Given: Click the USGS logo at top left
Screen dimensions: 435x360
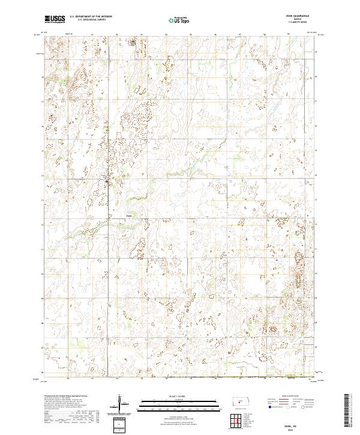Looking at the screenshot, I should point(55,19).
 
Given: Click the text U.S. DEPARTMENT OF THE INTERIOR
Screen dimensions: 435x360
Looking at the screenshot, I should point(91,17).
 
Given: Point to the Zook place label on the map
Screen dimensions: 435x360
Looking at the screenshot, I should point(128,217).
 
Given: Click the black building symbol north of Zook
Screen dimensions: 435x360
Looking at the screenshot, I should point(107,180).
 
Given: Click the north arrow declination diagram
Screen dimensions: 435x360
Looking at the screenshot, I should point(120,404).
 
